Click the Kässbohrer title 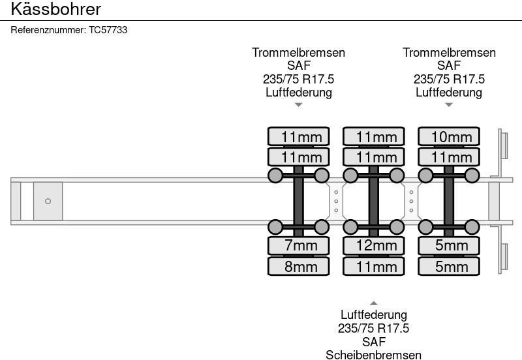[55, 9]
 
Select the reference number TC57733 [108, 30]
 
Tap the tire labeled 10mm [449, 136]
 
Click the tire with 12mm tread [374, 245]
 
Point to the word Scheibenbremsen [374, 355]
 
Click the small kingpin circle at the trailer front [48, 201]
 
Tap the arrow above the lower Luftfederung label [374, 303]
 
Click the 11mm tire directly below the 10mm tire [449, 157]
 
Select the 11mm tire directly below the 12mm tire [374, 266]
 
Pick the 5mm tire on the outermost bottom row [449, 266]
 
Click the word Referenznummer [48, 30]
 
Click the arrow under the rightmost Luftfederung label [449, 104]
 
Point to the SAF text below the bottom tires [374, 341]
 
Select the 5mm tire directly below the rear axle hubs [449, 245]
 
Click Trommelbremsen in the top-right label [449, 53]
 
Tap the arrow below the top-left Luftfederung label [299, 104]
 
